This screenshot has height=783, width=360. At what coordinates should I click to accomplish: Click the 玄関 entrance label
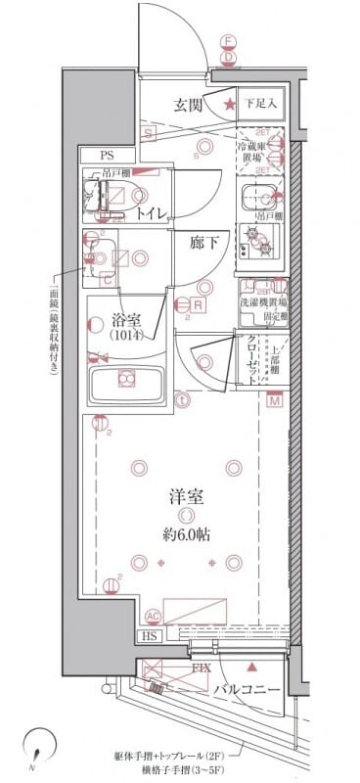point(189,105)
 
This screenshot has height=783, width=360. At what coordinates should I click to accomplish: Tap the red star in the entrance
point(228,105)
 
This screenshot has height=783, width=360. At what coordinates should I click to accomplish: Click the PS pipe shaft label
point(106,155)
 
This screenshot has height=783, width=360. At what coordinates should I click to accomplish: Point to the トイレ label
point(150,211)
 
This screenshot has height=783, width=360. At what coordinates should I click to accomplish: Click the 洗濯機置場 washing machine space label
point(263,304)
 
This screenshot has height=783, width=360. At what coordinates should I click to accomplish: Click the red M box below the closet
point(275,402)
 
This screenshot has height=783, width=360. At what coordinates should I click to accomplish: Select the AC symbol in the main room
point(153,615)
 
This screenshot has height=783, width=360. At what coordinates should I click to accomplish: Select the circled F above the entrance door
point(227,42)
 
